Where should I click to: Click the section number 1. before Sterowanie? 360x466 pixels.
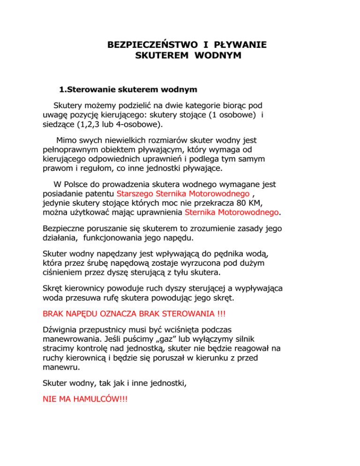[63, 89]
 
